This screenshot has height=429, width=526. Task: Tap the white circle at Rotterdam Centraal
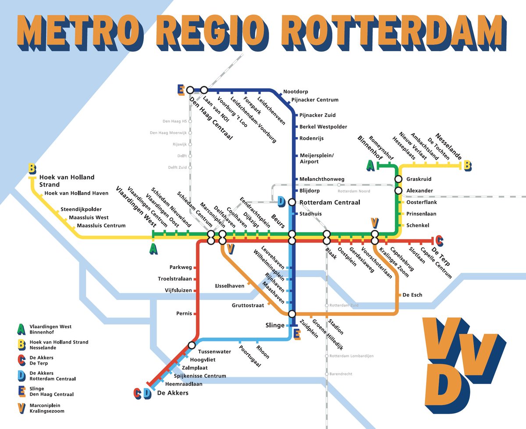[292, 202]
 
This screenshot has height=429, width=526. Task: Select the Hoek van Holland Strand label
[67, 181]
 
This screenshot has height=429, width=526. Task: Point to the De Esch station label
[412, 295]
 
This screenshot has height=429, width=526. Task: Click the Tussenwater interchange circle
[192, 345]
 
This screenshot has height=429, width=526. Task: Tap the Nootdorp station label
[296, 91]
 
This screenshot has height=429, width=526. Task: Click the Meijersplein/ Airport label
[316, 158]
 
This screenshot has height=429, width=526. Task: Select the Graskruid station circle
[398, 179]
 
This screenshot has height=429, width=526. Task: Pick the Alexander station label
[419, 190]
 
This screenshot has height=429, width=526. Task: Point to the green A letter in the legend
[21, 329]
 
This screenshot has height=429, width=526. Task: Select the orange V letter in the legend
[21, 408]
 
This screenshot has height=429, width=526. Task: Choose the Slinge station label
[275, 325]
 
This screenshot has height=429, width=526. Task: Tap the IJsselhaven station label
[230, 286]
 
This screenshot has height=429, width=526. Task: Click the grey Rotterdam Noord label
[353, 191]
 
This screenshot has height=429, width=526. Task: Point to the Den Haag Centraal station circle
[190, 90]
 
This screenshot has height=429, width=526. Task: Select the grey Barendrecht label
[341, 374]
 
